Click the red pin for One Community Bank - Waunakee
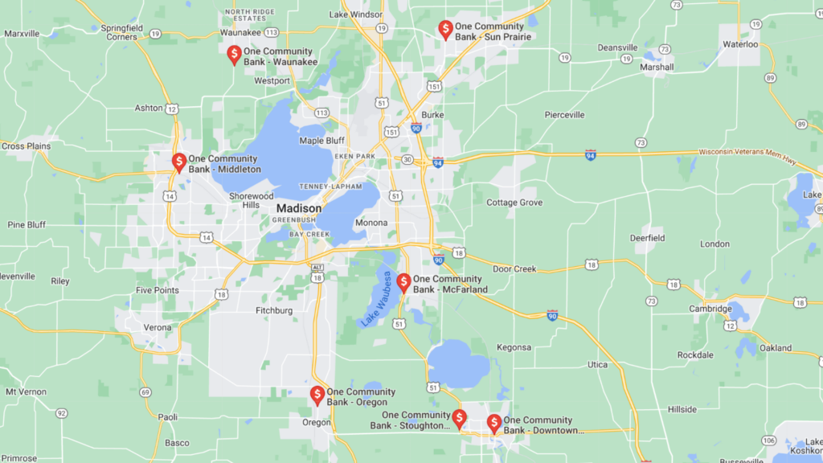point(234,55)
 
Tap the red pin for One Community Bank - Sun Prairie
point(445,30)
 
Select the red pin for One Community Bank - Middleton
point(179,162)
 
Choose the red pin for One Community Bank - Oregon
point(317,395)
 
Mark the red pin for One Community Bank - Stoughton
point(459,418)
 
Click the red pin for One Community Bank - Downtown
point(494,424)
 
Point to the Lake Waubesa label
point(376,299)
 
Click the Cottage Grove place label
point(514,203)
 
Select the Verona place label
point(158,327)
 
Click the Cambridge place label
point(710,309)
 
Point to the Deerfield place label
point(647,238)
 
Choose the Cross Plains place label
point(26,146)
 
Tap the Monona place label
point(371,223)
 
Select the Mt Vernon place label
point(26,391)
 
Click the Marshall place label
point(657,68)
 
